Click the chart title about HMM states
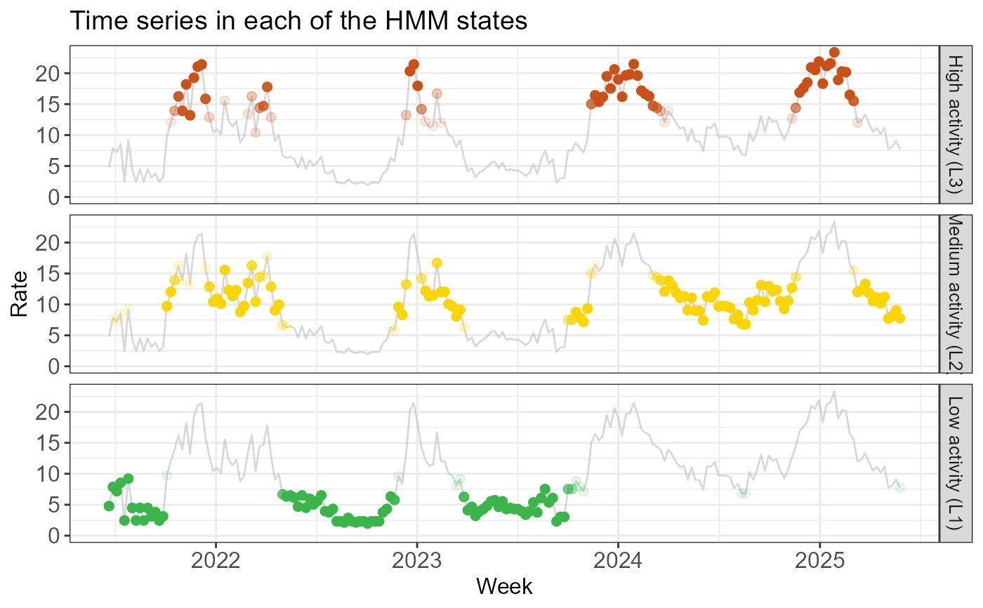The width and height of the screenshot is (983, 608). (298, 20)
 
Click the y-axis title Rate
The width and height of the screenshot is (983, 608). (19, 294)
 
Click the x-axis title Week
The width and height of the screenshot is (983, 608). (504, 586)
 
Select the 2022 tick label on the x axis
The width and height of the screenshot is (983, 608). (216, 561)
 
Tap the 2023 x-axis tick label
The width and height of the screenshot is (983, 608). (417, 561)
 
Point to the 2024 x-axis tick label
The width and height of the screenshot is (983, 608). (618, 561)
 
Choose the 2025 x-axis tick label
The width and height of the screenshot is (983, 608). (820, 561)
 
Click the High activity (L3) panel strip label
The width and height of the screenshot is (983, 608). (955, 124)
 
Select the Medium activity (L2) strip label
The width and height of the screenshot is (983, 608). (955, 294)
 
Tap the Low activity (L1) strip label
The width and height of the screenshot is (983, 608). (955, 463)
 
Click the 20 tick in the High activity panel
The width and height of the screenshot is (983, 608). (48, 74)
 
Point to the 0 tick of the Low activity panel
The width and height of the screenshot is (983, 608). (54, 536)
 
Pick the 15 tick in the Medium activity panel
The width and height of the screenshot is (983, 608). (48, 274)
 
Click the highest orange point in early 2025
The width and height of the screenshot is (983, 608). (835, 53)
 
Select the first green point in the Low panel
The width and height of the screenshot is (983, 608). (110, 505)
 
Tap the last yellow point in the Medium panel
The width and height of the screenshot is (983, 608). (899, 319)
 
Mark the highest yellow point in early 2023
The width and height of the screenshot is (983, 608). (437, 263)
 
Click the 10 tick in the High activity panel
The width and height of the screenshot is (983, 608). (48, 136)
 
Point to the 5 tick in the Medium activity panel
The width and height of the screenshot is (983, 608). (54, 336)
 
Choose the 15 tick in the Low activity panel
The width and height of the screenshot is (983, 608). (48, 444)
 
